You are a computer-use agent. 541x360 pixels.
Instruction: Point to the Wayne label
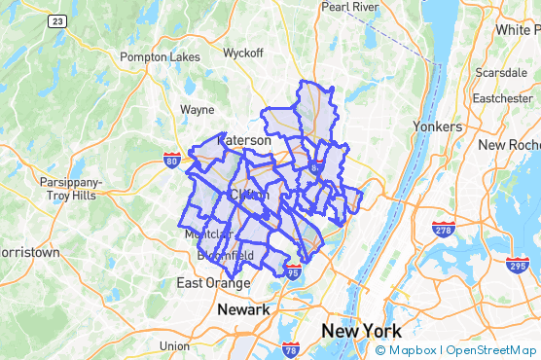coord(197,110)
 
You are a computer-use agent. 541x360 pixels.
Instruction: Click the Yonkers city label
coord(437,126)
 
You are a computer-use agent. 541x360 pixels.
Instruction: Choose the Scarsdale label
coord(500,73)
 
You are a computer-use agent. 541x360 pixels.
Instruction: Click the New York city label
coord(361,331)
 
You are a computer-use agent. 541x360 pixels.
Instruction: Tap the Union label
coord(174,346)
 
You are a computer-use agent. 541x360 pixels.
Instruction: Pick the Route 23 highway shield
coord(59,20)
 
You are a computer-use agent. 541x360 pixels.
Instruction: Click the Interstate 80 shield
coord(171,159)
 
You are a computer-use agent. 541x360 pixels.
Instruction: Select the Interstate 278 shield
coord(443,229)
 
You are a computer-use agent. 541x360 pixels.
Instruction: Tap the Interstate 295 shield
coord(518,265)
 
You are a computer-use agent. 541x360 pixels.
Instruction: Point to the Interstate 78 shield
coord(291,348)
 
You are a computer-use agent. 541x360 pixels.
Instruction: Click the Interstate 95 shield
coord(294,272)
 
